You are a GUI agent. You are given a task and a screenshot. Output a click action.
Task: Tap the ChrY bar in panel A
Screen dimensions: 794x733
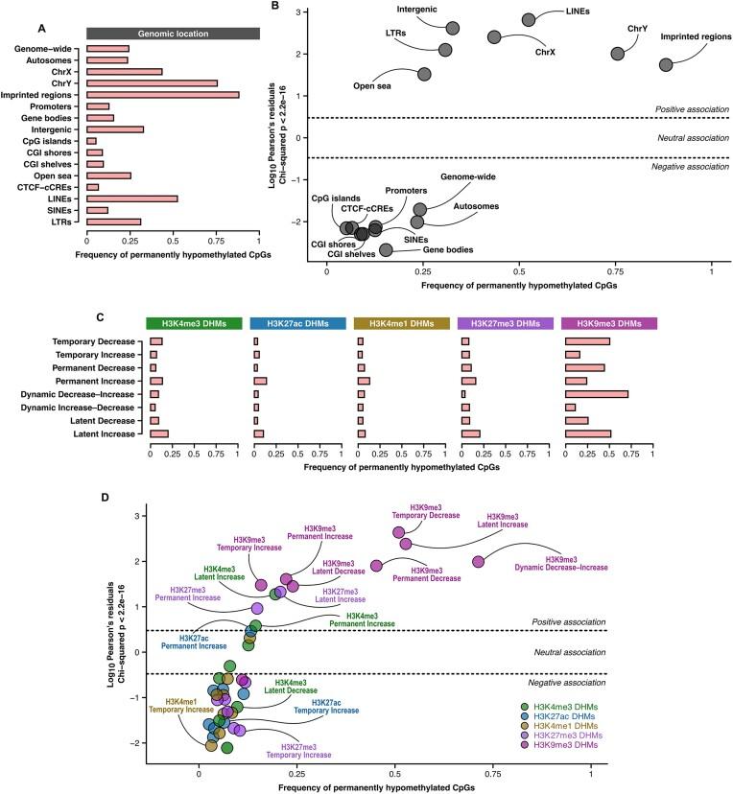(x=152, y=83)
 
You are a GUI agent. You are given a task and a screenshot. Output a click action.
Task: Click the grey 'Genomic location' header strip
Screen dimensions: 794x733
(x=173, y=33)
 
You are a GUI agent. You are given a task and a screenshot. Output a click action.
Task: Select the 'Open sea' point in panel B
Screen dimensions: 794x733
(x=424, y=74)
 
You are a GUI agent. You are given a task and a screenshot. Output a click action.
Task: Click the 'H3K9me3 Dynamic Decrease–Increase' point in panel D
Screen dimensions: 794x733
(x=478, y=561)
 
